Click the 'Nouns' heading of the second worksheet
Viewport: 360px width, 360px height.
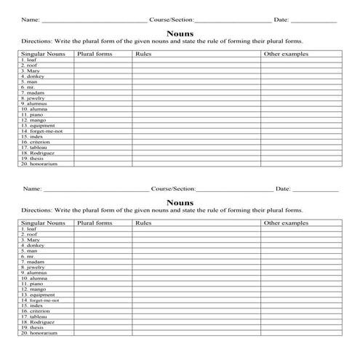[x=180, y=202]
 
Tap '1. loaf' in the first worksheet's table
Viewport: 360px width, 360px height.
[x=31, y=60]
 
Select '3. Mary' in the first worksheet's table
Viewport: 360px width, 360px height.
[x=31, y=71]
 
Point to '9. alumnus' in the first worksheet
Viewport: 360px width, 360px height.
[x=35, y=103]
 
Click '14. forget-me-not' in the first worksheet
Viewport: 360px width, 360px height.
[x=42, y=131]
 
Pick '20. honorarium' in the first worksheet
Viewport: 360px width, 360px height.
[x=39, y=164]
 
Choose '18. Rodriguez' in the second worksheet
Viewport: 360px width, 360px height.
[x=39, y=321]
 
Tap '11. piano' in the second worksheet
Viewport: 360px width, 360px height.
[x=33, y=284]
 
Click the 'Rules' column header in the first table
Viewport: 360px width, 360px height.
[x=143, y=54]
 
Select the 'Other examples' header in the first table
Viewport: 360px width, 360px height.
[x=286, y=54]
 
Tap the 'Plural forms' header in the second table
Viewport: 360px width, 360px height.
[x=95, y=223]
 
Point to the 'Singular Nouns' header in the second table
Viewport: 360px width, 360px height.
[x=44, y=223]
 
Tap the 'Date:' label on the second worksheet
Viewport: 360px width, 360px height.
[x=284, y=189]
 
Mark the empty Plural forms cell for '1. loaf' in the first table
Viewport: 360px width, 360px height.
[x=103, y=60]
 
